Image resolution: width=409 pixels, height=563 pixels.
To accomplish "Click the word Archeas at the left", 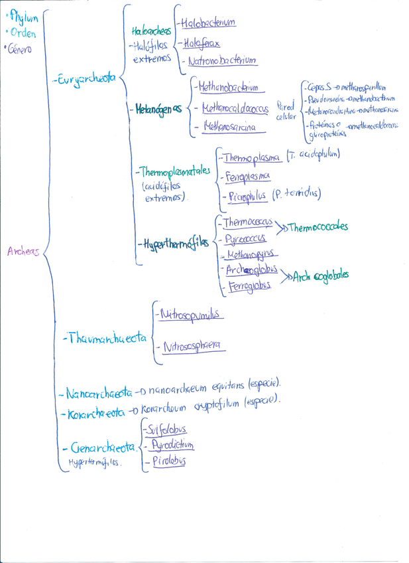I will click(x=23, y=252).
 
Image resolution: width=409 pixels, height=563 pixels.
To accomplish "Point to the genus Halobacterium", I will click(x=207, y=23).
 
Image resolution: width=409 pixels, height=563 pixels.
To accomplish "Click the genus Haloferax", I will click(x=202, y=43).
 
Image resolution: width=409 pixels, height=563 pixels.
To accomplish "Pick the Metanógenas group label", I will click(x=159, y=108).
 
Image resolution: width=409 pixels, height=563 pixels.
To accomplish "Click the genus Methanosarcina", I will click(x=229, y=127).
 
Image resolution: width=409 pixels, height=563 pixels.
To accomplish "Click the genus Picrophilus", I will click(x=247, y=196).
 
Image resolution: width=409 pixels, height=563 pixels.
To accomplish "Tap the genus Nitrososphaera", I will click(x=195, y=346).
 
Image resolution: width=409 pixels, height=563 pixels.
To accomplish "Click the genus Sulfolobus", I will click(x=170, y=430).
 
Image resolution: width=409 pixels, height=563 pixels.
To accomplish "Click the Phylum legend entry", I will click(x=24, y=19).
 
